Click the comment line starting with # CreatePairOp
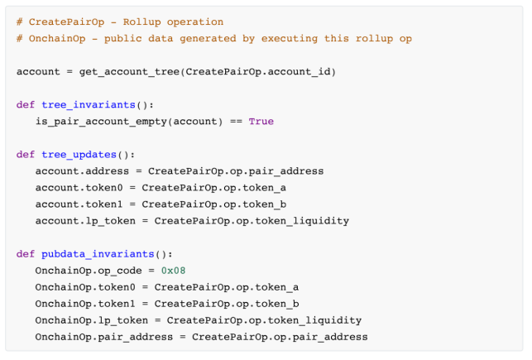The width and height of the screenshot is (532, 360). (120, 22)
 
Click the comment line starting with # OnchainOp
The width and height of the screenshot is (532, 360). (214, 38)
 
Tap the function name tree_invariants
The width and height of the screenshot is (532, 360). (88, 104)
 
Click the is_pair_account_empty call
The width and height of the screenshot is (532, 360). (129, 121)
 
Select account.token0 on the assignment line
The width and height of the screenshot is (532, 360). (75, 187)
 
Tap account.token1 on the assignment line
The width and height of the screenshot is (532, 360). (75, 204)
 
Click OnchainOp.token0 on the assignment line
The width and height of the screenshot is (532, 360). (81, 286)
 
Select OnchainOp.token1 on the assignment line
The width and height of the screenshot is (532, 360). (81, 303)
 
